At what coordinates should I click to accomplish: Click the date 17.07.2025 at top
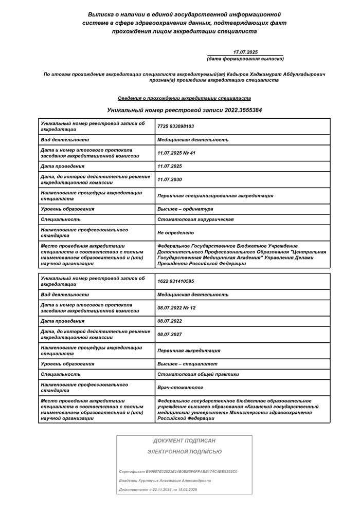click(x=245, y=52)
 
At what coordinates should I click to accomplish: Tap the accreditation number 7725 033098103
click(x=176, y=126)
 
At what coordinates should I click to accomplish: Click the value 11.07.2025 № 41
click(x=176, y=153)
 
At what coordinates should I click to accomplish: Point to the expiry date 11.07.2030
click(x=170, y=179)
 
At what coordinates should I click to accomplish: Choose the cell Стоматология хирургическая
click(x=195, y=219)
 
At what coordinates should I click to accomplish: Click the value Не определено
click(x=176, y=233)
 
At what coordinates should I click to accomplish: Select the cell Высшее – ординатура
click(x=185, y=209)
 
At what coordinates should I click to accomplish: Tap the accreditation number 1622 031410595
click(x=176, y=281)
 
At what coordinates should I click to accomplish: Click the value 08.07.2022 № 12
click(x=176, y=307)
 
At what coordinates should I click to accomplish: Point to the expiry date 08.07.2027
click(x=170, y=334)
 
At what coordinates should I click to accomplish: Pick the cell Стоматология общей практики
click(x=198, y=374)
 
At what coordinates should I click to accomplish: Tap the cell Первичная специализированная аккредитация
click(x=215, y=195)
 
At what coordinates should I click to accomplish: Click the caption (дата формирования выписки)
click(x=245, y=59)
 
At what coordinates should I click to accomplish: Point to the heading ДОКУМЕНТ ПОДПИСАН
click(x=184, y=440)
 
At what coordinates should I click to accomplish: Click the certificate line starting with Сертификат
click(x=178, y=471)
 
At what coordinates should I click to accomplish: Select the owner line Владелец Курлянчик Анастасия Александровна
click(x=165, y=481)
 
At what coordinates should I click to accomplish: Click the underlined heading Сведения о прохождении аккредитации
click(x=184, y=98)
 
